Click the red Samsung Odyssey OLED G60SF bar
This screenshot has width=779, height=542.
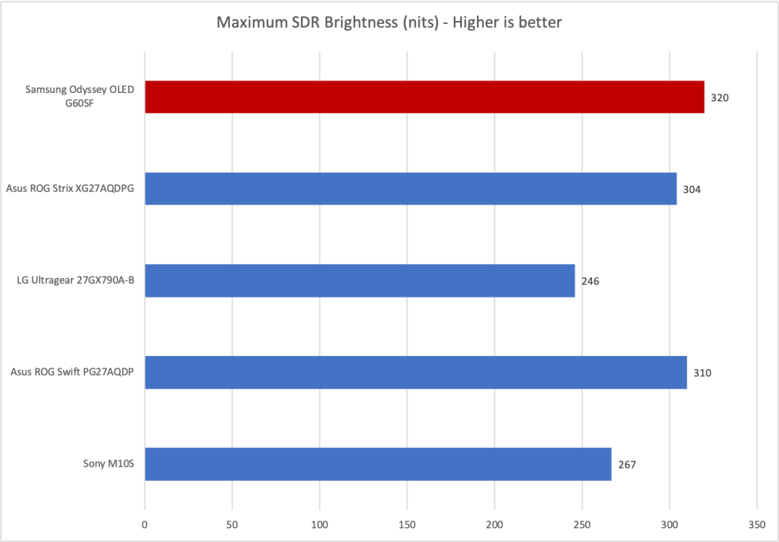[424, 97]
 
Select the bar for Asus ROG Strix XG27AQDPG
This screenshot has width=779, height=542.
[411, 189]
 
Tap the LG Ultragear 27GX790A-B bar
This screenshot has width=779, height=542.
[360, 281]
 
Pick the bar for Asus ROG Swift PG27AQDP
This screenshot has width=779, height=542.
[416, 372]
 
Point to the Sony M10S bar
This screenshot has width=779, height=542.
[378, 464]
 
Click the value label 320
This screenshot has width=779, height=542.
[719, 98]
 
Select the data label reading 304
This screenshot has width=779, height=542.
[692, 190]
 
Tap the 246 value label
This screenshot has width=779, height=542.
[591, 281]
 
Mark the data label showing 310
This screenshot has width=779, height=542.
[702, 373]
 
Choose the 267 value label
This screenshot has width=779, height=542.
[627, 465]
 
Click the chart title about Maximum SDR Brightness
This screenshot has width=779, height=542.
[389, 23]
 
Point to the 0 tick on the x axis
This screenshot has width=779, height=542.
[145, 523]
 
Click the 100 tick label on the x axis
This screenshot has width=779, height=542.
[320, 523]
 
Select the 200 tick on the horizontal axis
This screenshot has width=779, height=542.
[494, 523]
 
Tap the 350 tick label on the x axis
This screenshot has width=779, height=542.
[757, 523]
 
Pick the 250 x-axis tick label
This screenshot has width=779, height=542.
[582, 523]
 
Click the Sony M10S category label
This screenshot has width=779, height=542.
[109, 464]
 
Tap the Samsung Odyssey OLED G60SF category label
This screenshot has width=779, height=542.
[80, 97]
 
